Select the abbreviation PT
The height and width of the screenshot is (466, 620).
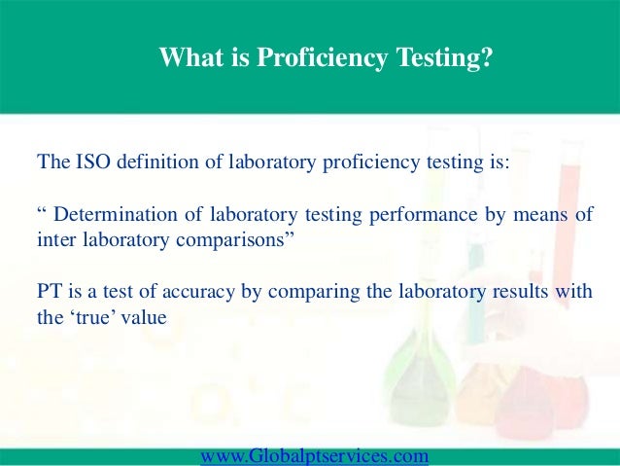pyautogui.click(x=51, y=290)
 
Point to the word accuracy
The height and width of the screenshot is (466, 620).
pyautogui.click(x=180, y=290)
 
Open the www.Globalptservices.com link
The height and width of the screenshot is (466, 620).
pyautogui.click(x=313, y=455)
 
